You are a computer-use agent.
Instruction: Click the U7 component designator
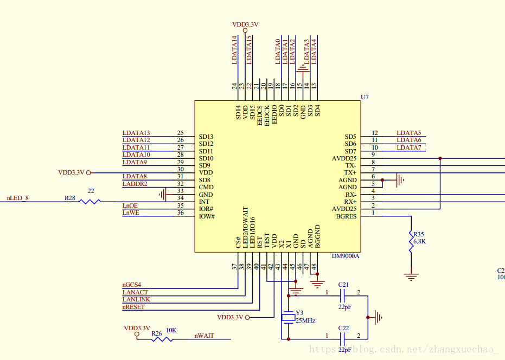365,97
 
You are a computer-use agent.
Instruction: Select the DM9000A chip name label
345,256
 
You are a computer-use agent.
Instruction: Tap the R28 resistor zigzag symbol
90,202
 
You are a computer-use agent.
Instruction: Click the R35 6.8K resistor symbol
411,241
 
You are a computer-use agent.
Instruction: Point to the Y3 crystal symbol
288,318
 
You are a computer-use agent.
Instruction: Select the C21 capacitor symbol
342,295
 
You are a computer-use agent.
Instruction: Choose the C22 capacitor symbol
342,339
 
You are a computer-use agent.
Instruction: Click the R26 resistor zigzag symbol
162,339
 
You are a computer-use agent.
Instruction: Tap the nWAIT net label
204,336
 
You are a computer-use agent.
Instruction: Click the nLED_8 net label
18,198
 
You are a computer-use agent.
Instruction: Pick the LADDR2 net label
135,184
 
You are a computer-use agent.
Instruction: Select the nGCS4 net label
132,285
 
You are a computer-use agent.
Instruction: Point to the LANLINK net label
136,299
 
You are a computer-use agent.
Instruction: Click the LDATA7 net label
408,147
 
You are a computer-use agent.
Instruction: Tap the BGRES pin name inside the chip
346,216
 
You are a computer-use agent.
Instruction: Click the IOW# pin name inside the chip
207,216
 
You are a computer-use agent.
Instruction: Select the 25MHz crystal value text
305,321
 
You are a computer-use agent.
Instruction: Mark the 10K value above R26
171,330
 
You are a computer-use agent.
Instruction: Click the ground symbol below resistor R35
411,277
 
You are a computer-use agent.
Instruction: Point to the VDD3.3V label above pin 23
245,24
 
